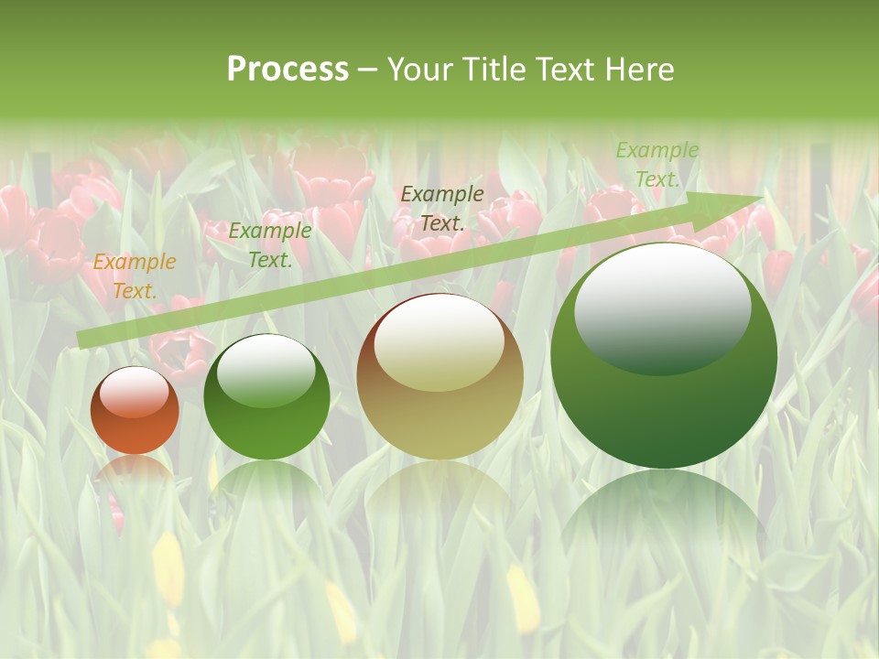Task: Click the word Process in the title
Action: click(288, 69)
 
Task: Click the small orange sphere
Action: click(135, 411)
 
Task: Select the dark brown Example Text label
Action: click(442, 208)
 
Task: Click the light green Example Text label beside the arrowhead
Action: click(657, 165)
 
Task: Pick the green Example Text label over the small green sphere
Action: click(270, 245)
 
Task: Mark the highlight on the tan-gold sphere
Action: click(439, 344)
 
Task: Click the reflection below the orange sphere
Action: click(135, 471)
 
